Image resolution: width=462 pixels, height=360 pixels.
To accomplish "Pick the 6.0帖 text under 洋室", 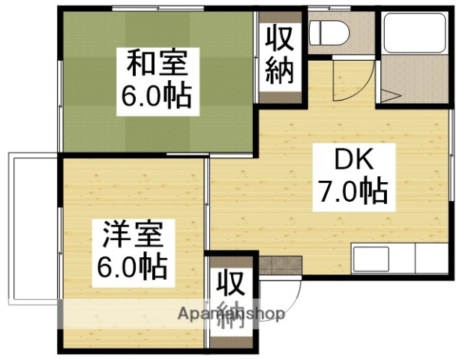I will tap(130, 265).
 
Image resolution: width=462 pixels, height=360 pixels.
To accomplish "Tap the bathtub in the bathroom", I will tap(413, 34).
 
